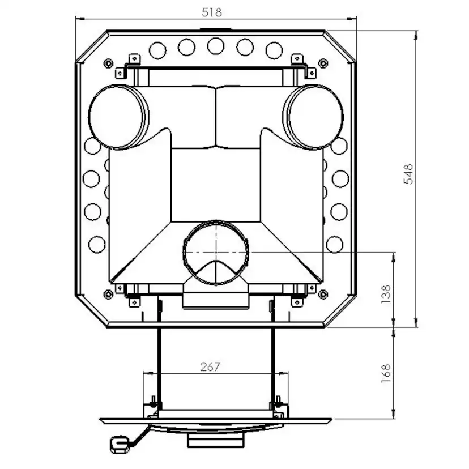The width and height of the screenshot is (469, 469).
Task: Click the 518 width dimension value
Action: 212,12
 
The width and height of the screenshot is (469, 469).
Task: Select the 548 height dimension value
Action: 408,174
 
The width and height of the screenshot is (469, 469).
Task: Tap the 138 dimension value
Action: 386,295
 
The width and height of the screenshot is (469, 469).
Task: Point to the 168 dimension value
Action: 386,373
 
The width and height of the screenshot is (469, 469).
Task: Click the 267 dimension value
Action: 210,367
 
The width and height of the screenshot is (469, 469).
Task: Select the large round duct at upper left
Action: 118,117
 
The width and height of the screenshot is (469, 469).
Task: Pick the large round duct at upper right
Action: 313,117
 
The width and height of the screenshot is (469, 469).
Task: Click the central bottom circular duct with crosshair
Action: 215,253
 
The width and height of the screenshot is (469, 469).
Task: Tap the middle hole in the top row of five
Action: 216,46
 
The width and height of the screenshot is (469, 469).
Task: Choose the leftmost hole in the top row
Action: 157,50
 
